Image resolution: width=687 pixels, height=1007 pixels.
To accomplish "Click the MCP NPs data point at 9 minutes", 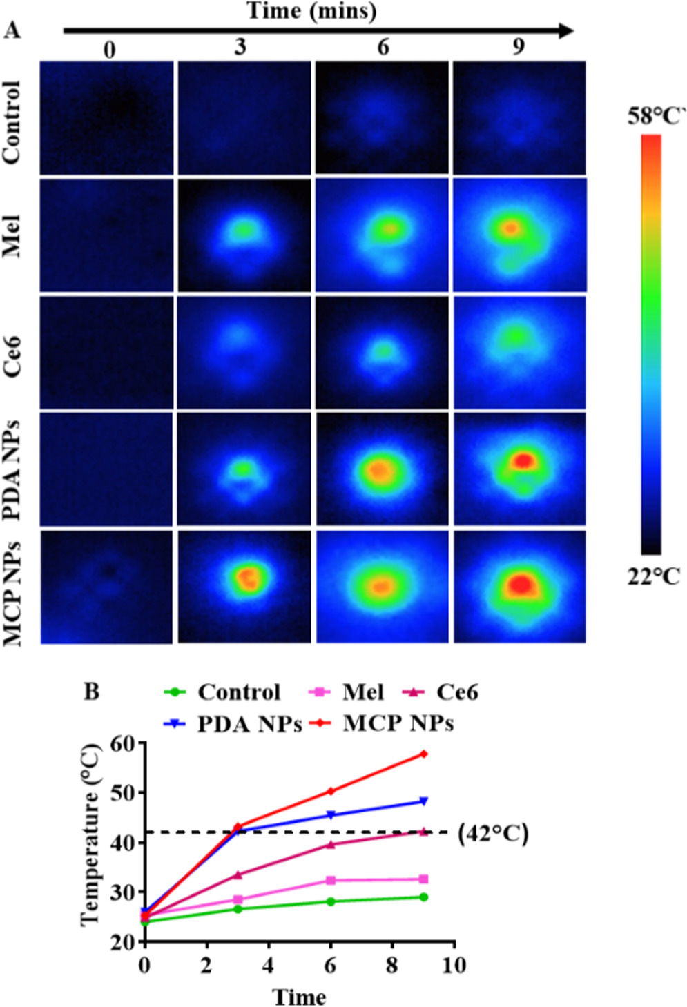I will (x=423, y=754).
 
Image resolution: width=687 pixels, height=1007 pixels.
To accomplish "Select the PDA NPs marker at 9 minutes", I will (x=423, y=801).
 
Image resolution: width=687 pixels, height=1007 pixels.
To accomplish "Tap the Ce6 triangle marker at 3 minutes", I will (x=238, y=874).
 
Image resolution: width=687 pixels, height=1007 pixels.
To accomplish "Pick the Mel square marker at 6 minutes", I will (x=331, y=880).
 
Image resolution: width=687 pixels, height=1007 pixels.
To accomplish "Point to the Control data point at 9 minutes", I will (x=423, y=897).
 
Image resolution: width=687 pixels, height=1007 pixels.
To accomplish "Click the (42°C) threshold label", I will (x=493, y=834).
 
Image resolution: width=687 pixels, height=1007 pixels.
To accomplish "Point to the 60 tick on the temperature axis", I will (x=124, y=743).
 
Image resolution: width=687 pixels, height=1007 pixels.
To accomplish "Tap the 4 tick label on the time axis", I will (x=269, y=964).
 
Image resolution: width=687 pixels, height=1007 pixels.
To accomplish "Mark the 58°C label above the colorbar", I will (x=654, y=117).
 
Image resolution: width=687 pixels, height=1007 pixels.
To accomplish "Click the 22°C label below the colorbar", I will (x=653, y=576).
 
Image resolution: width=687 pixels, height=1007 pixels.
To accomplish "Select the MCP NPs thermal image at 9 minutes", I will (x=519, y=586).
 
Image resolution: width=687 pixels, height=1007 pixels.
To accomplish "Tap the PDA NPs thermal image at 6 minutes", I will (x=382, y=469).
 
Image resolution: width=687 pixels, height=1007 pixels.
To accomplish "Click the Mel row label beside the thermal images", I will (x=12, y=236).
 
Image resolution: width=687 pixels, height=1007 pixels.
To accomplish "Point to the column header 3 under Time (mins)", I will (x=240, y=47).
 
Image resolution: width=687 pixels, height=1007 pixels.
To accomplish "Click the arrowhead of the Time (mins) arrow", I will (x=566, y=30).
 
